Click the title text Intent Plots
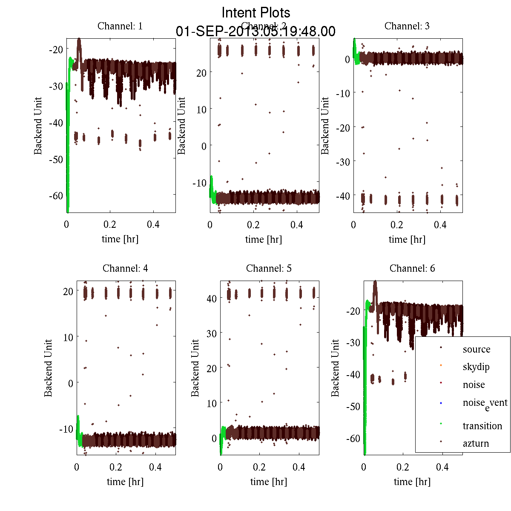coord(256,12)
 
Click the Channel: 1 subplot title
coord(120,26)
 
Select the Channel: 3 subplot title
coord(407,26)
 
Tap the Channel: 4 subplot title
coord(125,268)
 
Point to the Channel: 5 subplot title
coord(269,268)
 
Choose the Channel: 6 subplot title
coord(412,268)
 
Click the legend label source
coord(477,350)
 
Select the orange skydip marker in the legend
coord(441,365)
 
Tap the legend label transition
coord(482,426)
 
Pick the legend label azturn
coord(476,443)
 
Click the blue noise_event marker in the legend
coord(441,403)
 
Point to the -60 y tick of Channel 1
coord(56,196)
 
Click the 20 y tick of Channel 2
coord(201,73)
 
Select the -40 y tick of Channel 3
coord(343,196)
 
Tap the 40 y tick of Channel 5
coord(212,299)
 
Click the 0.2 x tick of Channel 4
coord(116,467)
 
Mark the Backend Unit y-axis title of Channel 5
coord(195,368)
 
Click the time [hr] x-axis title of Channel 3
coord(407,239)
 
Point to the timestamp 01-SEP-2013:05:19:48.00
coord(255,32)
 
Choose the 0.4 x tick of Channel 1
coord(153,224)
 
